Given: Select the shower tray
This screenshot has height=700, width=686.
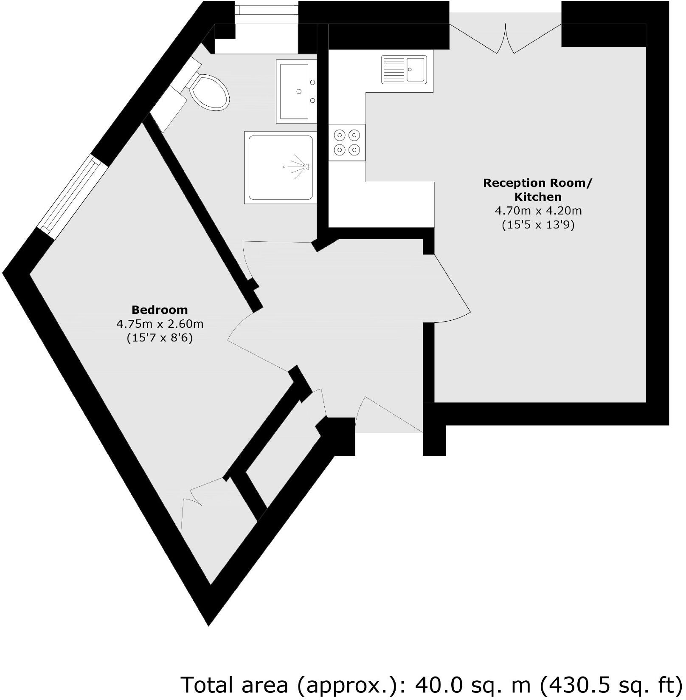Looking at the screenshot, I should (281, 167).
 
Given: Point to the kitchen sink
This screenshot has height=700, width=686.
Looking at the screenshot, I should (404, 69).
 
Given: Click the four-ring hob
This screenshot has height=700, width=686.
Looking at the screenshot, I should (347, 142).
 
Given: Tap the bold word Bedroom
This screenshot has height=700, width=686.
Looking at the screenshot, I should (160, 310).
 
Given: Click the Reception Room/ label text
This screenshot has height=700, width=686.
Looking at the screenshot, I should (537, 183).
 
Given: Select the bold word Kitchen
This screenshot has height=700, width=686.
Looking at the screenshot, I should (538, 197).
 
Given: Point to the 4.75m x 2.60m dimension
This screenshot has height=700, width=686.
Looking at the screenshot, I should (160, 324).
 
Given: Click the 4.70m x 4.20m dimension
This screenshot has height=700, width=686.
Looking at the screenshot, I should (538, 211).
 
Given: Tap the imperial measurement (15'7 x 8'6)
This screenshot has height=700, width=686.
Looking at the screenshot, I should (160, 338).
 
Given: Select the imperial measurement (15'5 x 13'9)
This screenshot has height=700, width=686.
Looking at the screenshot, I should (538, 225).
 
